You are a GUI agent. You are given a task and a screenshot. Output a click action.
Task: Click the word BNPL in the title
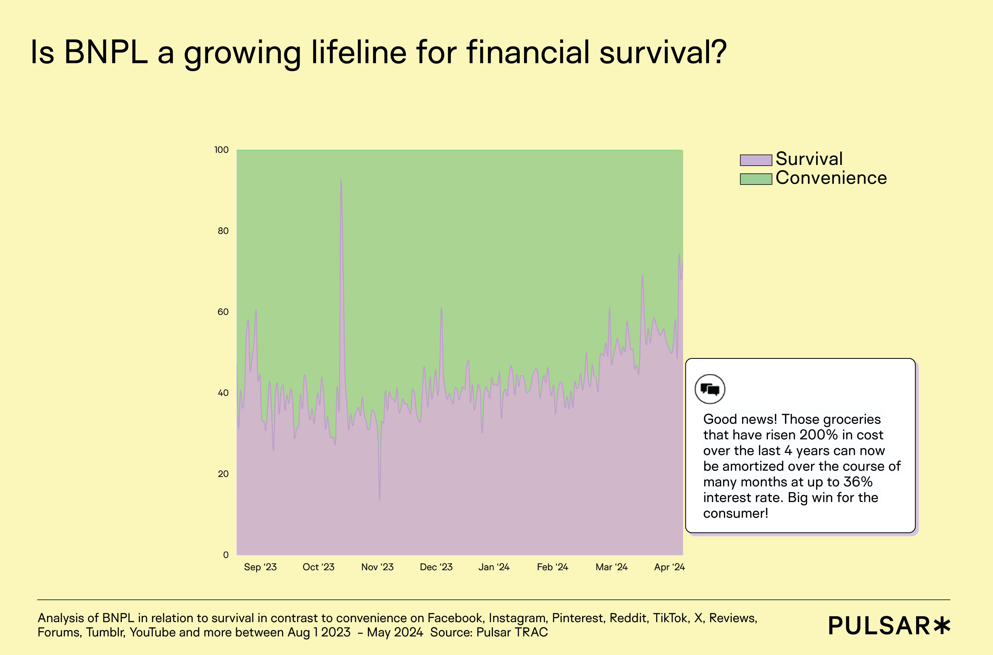(x=106, y=53)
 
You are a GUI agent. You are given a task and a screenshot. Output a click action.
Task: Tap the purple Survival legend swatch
(x=755, y=160)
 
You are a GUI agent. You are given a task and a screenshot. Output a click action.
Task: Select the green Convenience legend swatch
(x=755, y=179)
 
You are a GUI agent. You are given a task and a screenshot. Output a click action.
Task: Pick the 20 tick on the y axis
(x=223, y=474)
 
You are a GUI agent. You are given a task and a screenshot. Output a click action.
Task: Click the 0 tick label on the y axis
(x=226, y=555)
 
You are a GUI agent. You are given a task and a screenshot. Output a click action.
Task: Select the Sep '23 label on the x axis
(x=260, y=567)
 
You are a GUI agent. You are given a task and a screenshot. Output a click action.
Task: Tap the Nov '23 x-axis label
(x=377, y=567)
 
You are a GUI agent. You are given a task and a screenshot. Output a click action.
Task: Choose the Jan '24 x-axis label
(x=494, y=567)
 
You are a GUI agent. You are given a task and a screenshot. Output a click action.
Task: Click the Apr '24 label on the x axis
(x=669, y=567)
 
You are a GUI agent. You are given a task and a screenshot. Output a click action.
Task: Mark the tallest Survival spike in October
(x=341, y=180)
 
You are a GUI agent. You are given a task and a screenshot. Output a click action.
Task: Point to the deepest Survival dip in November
(x=379, y=499)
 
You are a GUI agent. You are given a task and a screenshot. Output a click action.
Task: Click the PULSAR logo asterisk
(x=942, y=625)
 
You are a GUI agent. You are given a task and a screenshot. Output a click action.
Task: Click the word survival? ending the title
(x=663, y=53)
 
